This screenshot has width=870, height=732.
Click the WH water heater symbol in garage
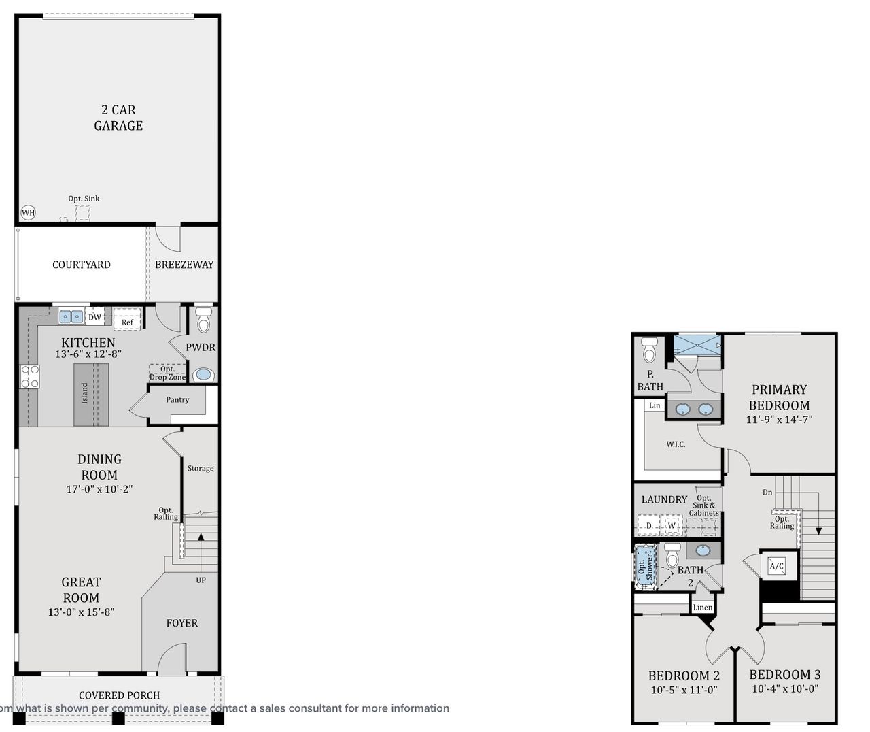28,213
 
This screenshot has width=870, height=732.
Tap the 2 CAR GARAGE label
118,118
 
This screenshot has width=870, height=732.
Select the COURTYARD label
82,265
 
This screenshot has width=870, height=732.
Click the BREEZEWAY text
184,265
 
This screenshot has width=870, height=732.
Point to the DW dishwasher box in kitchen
94,317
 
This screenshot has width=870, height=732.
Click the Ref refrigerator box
127,320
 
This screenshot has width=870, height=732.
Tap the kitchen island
91,395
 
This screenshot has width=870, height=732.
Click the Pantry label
177,400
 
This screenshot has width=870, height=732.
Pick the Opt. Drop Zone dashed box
167,373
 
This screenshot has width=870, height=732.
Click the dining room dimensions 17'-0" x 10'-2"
99,488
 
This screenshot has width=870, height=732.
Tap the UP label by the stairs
201,580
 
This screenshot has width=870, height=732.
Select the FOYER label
182,623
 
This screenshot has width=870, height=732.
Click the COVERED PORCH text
120,695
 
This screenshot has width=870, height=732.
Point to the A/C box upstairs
777,566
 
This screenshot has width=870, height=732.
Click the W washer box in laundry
672,526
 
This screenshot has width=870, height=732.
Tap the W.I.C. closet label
676,444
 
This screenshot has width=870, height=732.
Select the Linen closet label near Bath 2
703,608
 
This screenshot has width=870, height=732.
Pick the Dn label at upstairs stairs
767,492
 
